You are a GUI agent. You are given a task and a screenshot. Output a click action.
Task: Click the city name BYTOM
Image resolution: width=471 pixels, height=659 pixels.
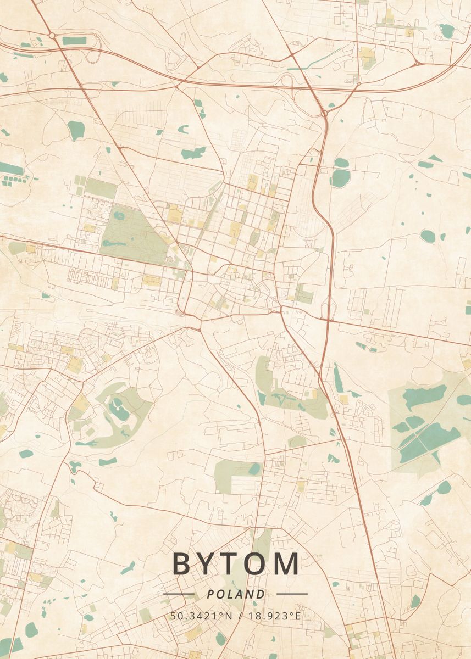point(236,564)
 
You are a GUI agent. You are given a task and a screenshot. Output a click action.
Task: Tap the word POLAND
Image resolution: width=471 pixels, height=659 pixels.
point(236,594)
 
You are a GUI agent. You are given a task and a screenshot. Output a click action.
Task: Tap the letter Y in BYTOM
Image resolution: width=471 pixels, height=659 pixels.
point(208,564)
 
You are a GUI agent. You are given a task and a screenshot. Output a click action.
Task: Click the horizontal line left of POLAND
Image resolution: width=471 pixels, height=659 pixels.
point(179,594)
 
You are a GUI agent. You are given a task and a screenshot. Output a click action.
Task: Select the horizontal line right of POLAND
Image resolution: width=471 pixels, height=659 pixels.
point(292,594)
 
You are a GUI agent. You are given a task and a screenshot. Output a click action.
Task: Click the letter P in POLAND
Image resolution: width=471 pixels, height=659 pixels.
point(210,594)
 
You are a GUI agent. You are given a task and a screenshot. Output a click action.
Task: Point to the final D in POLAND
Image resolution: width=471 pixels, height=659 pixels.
point(261,594)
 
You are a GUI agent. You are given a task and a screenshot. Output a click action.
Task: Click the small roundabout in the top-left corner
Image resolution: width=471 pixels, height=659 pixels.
point(52,35)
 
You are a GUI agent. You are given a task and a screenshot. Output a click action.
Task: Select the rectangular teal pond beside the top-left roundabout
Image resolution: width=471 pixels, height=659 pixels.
point(74,41)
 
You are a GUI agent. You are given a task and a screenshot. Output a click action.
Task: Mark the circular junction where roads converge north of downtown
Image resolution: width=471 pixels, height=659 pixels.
point(325,113)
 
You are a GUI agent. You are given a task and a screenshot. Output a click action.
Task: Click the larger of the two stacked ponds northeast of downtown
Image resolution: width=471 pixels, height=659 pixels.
point(341,177)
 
